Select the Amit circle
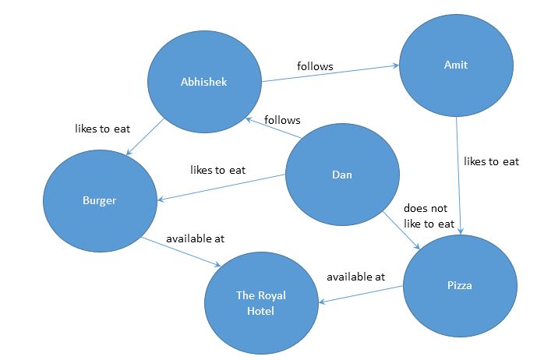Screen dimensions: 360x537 tap(456, 65)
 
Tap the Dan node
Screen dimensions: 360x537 tap(341, 175)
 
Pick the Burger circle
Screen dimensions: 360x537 tap(100, 200)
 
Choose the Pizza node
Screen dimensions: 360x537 tap(461, 286)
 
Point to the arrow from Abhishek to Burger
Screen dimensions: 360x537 tap(144, 136)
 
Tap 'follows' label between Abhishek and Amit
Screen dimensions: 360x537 tap(315, 66)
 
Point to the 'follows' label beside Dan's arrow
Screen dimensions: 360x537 tap(282, 119)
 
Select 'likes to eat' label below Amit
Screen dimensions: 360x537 tap(491, 161)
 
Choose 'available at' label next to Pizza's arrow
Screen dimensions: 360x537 tap(355, 276)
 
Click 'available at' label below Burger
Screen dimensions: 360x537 tap(195, 238)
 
